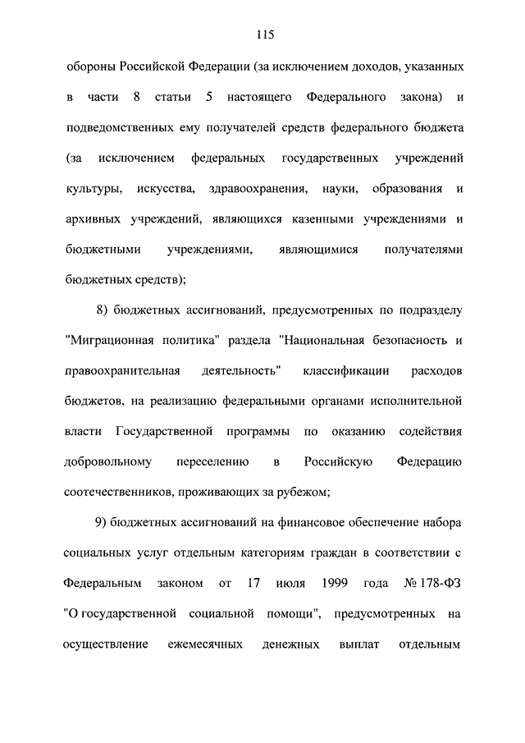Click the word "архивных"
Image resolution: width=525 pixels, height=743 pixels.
(91, 220)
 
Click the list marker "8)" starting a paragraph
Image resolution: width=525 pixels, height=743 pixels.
(103, 310)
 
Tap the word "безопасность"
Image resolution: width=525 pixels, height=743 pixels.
(402, 341)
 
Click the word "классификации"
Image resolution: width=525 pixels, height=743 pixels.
(346, 371)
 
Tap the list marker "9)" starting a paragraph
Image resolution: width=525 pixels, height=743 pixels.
(103, 522)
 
